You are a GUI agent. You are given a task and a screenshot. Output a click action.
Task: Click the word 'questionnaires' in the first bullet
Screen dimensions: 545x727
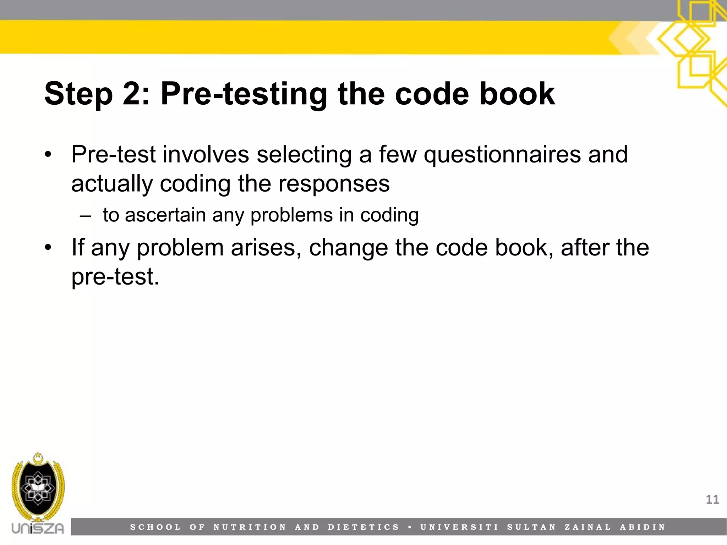tap(502, 155)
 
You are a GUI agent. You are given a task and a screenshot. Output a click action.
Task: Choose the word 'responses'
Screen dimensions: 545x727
tap(334, 184)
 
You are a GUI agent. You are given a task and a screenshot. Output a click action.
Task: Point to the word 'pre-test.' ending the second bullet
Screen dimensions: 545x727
tap(115, 277)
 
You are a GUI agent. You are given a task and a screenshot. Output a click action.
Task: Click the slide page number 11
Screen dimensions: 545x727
tap(712, 500)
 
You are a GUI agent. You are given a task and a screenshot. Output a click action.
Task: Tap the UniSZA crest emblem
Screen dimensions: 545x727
tap(38, 488)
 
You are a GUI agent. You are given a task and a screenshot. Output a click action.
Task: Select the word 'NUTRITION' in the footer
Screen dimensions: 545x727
tap(250, 527)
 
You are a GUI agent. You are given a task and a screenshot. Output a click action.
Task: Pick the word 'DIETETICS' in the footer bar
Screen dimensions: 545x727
tap(364, 527)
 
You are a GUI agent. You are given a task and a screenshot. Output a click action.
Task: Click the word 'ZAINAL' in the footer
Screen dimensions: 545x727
tap(588, 527)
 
